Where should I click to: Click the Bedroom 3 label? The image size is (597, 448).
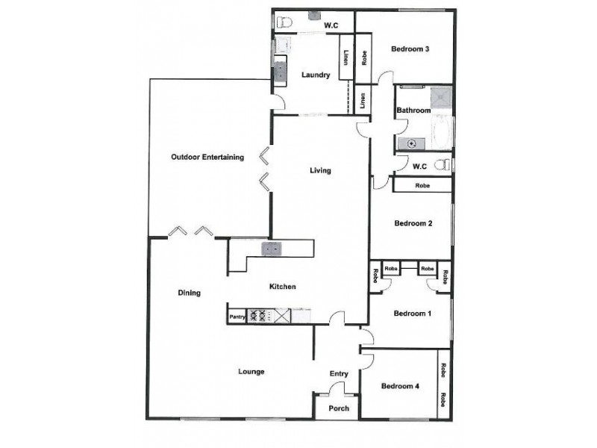click(x=410, y=50)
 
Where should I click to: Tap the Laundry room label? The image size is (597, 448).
click(x=316, y=75)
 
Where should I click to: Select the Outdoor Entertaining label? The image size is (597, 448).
click(x=207, y=157)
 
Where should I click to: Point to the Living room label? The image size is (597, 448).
click(x=320, y=170)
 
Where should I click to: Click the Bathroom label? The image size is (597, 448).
click(x=413, y=111)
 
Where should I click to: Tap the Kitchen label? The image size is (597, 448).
click(x=283, y=287)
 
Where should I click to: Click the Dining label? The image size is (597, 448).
click(x=190, y=293)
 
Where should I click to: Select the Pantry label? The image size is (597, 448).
click(x=237, y=317)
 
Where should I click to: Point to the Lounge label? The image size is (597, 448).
click(x=251, y=371)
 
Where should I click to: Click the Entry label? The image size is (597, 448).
click(x=339, y=374)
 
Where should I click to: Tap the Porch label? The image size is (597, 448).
click(x=339, y=408)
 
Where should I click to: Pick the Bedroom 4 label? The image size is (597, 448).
click(x=399, y=386)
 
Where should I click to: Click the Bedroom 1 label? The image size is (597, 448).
click(x=413, y=314)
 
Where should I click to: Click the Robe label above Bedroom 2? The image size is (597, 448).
click(x=422, y=185)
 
